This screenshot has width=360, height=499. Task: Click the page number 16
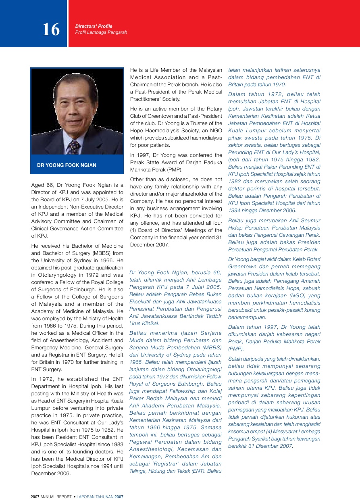click(x=51, y=29)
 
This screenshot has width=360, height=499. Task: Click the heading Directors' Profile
click(x=94, y=26)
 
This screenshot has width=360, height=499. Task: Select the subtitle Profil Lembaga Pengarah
click(x=101, y=32)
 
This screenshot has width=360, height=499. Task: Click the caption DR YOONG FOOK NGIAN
click(x=67, y=165)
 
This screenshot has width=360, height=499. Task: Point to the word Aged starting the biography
click(x=38, y=185)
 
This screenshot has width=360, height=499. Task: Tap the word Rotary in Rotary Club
click(x=214, y=109)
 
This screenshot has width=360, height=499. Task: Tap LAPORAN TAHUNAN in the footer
click(x=95, y=497)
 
